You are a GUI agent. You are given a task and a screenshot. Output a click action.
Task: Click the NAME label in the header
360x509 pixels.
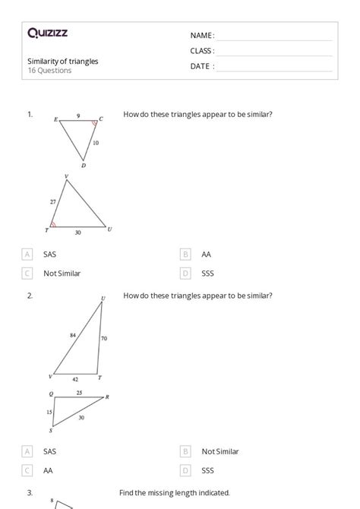point(201,36)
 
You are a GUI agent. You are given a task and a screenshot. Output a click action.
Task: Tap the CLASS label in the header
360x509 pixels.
point(202,51)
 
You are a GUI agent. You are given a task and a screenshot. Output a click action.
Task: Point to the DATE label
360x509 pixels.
point(201,66)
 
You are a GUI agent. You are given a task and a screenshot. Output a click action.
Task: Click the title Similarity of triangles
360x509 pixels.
point(62,62)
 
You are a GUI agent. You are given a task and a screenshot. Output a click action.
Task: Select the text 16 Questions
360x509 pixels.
point(49,71)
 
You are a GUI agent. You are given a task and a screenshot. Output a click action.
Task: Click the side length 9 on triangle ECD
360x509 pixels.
point(77,115)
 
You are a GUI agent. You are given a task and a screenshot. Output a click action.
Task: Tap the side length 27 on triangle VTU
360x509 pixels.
point(52,202)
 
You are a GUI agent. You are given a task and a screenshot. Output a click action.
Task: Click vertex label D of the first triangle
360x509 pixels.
point(83,166)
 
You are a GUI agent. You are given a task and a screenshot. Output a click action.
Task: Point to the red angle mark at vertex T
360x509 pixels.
point(53,225)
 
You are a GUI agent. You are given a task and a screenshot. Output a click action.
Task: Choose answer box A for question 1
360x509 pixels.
point(27,254)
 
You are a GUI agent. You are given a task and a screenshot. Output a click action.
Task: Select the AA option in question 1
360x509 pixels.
point(207,254)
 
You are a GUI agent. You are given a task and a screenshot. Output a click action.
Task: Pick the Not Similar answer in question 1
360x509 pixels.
point(62,273)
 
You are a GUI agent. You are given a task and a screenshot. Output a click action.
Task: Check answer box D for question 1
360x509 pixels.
point(185,273)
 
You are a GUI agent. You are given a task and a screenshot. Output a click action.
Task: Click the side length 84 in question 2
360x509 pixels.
point(73,334)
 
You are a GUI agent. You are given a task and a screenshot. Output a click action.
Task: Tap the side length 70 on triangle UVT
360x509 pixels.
point(103,338)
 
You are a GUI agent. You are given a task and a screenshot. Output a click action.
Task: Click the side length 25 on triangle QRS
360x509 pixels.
point(79,393)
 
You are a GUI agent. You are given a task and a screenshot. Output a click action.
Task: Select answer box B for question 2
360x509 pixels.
point(185,451)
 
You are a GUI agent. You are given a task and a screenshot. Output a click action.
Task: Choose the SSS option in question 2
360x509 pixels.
point(207,470)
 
